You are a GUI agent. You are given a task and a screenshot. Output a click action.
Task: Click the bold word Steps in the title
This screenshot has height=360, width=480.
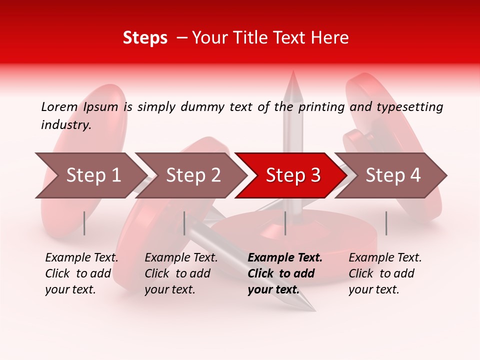coord(145,38)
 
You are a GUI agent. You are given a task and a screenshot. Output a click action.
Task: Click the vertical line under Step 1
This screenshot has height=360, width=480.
coord(84,223)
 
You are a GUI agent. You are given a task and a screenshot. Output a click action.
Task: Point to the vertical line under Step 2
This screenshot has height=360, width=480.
coord(184,223)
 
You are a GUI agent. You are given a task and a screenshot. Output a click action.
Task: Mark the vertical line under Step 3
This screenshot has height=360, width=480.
coord(285,223)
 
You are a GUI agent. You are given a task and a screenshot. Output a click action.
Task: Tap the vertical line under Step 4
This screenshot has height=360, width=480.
coord(386,223)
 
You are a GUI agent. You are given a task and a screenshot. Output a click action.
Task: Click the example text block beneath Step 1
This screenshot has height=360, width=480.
coord(81,273)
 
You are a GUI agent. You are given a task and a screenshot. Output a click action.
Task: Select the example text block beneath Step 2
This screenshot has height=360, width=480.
coord(181,273)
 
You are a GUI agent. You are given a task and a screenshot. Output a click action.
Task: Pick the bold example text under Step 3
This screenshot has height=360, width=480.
coord(285,273)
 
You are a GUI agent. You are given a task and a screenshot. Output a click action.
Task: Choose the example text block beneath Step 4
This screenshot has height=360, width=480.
coord(385,273)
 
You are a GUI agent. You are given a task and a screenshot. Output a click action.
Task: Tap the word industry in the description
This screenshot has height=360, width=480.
coord(66,125)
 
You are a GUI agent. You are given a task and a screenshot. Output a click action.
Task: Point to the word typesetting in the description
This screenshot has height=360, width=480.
coord(409,107)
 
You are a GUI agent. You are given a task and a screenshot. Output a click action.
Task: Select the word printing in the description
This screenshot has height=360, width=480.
coord(321,107)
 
